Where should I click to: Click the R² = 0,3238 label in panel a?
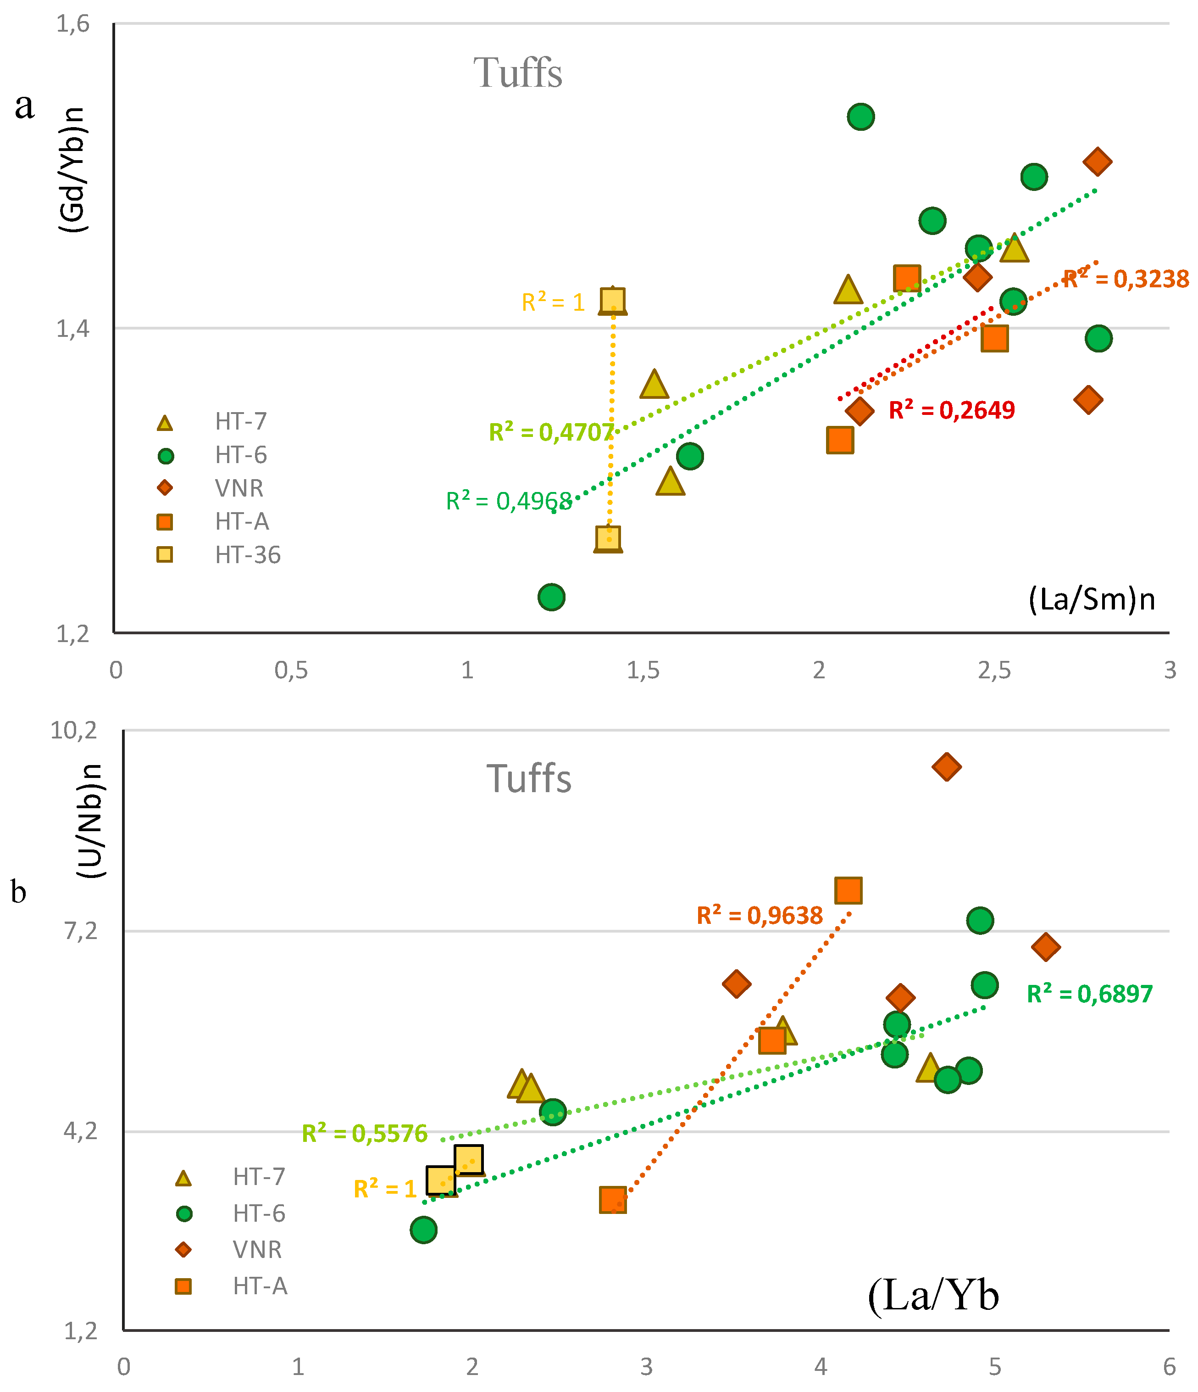point(1126,279)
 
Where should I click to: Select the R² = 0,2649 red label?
point(952,410)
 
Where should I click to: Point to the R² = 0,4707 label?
point(551,432)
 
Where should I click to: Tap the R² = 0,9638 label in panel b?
point(760,915)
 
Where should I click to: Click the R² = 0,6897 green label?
point(1090,994)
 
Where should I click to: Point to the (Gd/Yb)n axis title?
point(72,169)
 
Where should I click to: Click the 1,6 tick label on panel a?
point(72,24)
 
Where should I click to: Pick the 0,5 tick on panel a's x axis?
point(291,671)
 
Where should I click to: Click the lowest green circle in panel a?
point(551,597)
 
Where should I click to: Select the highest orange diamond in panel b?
point(947,766)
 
